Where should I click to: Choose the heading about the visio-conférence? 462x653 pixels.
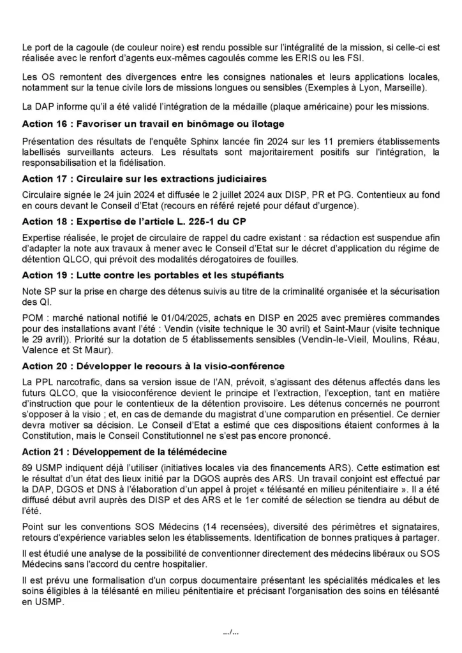[153, 366]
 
